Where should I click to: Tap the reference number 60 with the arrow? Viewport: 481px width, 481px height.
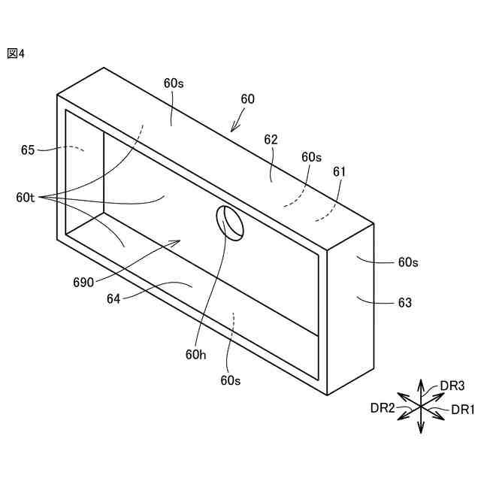247,99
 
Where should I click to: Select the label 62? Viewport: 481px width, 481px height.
271,140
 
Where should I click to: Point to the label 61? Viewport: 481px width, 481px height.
339,172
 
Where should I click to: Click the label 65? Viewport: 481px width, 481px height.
28,150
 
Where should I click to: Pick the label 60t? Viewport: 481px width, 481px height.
26,198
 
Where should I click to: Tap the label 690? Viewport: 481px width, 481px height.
83,283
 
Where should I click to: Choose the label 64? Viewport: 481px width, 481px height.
113,298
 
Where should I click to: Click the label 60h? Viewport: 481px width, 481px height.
196,354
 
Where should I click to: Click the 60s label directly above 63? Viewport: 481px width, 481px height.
408,262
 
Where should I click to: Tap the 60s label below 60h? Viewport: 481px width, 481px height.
231,380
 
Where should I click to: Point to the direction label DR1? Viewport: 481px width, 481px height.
463,410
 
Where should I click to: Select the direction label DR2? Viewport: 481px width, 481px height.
383,408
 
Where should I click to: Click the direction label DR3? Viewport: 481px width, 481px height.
452,386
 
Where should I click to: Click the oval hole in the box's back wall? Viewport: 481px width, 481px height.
231,222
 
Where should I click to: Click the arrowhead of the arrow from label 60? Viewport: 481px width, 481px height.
234,129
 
